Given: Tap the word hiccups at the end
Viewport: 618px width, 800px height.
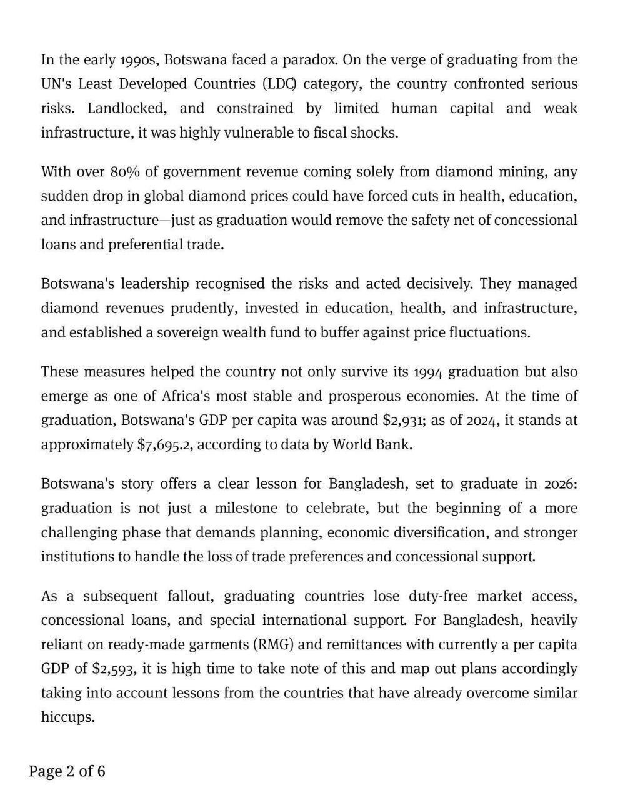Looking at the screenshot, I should point(67,717).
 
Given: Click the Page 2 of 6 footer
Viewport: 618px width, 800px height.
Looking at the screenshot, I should point(67,771).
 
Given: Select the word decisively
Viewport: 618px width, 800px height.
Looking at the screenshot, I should point(439,284).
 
